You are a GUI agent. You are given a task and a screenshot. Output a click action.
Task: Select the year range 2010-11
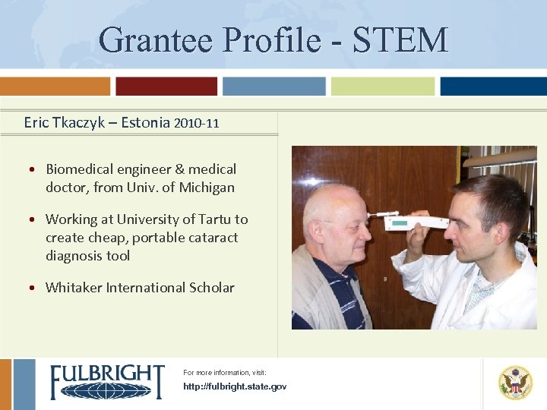[x=196, y=123]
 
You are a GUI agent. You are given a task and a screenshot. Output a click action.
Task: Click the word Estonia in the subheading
[x=144, y=122]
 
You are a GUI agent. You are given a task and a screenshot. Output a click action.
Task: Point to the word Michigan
[x=207, y=188]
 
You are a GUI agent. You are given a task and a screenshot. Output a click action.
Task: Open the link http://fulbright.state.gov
[x=235, y=387]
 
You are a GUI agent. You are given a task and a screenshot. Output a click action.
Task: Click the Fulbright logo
[x=107, y=382]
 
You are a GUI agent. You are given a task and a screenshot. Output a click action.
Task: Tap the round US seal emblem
[x=515, y=383]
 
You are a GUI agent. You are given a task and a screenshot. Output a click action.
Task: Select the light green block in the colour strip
[x=382, y=86]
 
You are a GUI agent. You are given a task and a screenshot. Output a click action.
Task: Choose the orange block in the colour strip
[x=55, y=86]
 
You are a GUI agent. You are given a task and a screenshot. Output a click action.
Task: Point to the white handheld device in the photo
[x=415, y=222]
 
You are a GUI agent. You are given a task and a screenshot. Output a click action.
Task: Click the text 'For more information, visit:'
[x=225, y=373]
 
